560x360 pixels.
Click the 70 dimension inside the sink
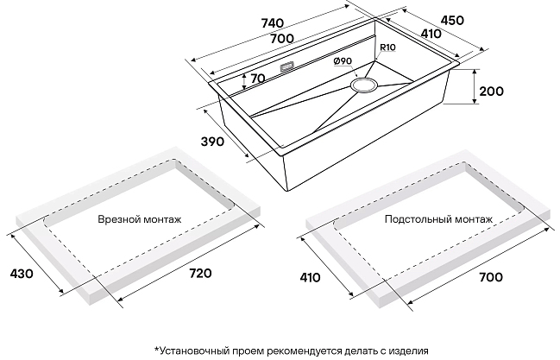tap(255, 79)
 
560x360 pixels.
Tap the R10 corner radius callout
tap(386, 48)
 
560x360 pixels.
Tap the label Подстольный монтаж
tap(438, 220)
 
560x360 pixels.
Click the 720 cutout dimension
tap(199, 274)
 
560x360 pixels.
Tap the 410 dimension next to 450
tap(431, 34)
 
